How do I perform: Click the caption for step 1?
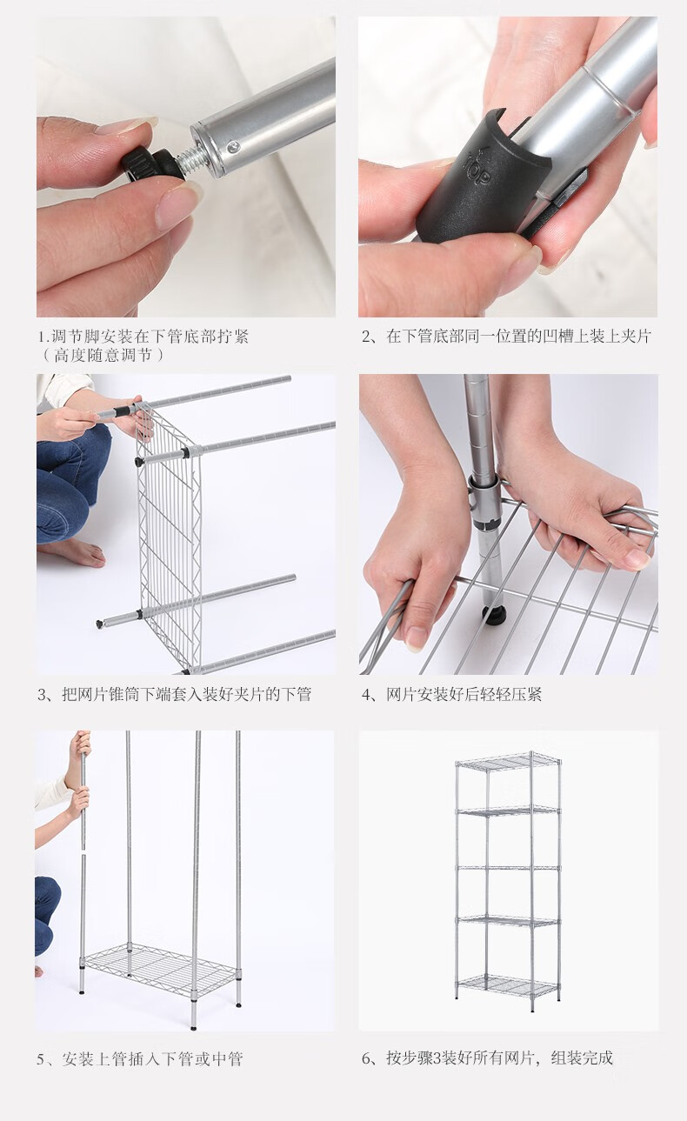pyautogui.click(x=144, y=345)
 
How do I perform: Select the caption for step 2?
pyautogui.click(x=506, y=337)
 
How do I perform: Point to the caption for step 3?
pyautogui.click(x=175, y=694)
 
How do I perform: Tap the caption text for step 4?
pyautogui.click(x=452, y=694)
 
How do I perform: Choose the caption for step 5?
pyautogui.click(x=140, y=1059)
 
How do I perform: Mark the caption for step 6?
pyautogui.click(x=487, y=1058)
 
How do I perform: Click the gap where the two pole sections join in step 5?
pyautogui.click(x=83, y=851)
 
